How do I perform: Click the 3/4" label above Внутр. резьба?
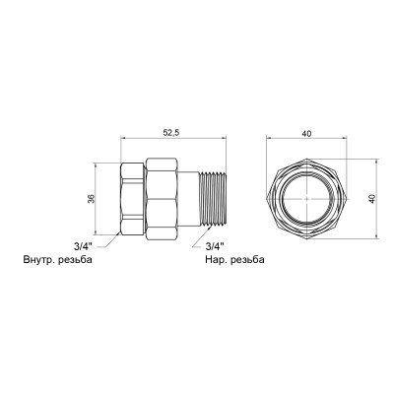coord(86,247)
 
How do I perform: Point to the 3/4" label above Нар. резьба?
coord(211,247)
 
